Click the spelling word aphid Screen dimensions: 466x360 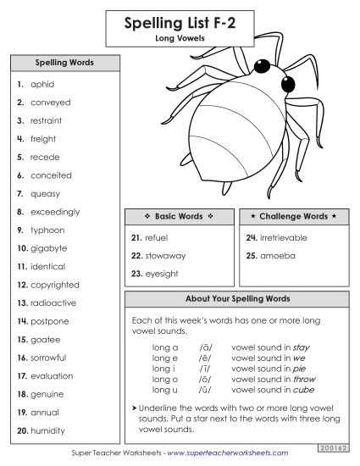tap(42, 85)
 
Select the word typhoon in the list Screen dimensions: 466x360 tap(47, 230)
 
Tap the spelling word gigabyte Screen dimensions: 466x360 tap(48, 249)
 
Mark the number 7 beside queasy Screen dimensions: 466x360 tap(19, 194)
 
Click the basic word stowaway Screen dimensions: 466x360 tap(164, 255)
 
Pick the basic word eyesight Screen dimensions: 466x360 tap(162, 273)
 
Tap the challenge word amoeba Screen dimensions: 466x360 tap(277, 255)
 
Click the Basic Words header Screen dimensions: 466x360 tap(178, 217)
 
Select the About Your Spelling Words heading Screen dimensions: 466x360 tap(237, 299)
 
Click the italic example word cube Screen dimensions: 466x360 tap(303, 390)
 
